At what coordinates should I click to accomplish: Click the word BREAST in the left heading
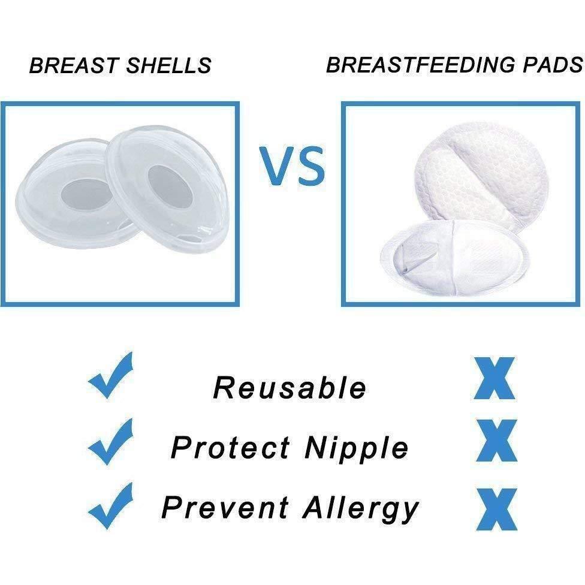pos(74,65)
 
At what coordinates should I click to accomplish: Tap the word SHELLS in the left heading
pos(168,65)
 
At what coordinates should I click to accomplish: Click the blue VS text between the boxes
pos(292,166)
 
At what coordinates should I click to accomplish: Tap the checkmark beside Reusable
pos(111,375)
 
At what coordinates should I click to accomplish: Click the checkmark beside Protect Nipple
pos(111,441)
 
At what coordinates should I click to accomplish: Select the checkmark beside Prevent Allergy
pos(111,505)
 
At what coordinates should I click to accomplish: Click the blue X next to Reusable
pos(494,378)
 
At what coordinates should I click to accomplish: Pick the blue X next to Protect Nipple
pos(496,441)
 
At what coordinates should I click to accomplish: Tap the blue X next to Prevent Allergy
pos(496,509)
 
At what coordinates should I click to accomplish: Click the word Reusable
pos(290,388)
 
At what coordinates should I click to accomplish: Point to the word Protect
pos(230,447)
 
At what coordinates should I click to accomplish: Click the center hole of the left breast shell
pos(88,195)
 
